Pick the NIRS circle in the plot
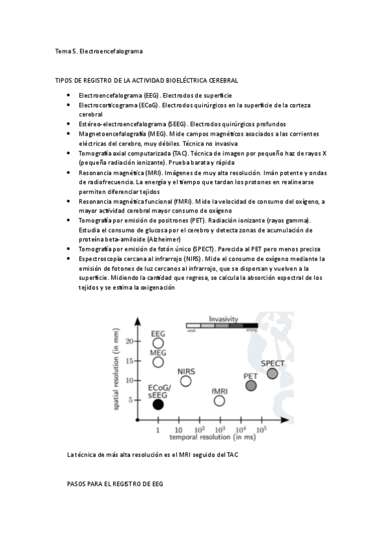point(186,381)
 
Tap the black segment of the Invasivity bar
point(251,326)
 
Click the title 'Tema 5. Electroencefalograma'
point(99,50)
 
